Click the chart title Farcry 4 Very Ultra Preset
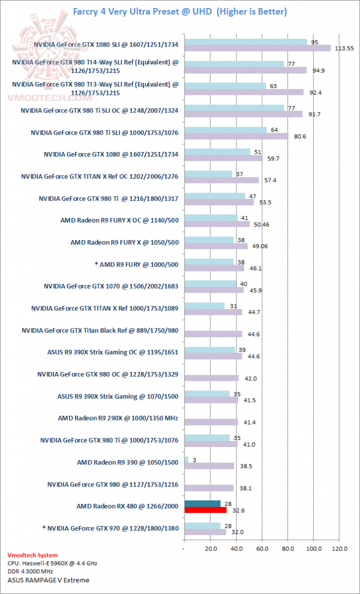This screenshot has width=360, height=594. pos(180,11)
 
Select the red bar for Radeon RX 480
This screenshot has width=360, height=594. pos(205,510)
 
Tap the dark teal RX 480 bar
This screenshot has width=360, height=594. pos(202,503)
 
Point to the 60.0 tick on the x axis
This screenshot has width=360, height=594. pos(262,548)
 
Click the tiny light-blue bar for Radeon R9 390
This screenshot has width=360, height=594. pos(186,459)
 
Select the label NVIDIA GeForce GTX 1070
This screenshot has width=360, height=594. pos(111,286)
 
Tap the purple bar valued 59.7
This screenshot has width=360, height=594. pos(223,158)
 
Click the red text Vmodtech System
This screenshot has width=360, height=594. pos(32,555)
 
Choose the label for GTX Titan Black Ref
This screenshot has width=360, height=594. pos(100,330)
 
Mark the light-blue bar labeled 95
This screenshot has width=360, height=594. pos(245,42)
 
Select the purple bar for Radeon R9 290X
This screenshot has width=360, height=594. pos(211,422)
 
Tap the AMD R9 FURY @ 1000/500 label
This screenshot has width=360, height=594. pos(136,263)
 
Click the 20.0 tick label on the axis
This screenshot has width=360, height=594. pos(210,548)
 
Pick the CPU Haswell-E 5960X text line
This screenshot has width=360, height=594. pos(52,563)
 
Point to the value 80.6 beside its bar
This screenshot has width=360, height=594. pos(298,136)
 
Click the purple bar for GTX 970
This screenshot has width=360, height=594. pos(205,532)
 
